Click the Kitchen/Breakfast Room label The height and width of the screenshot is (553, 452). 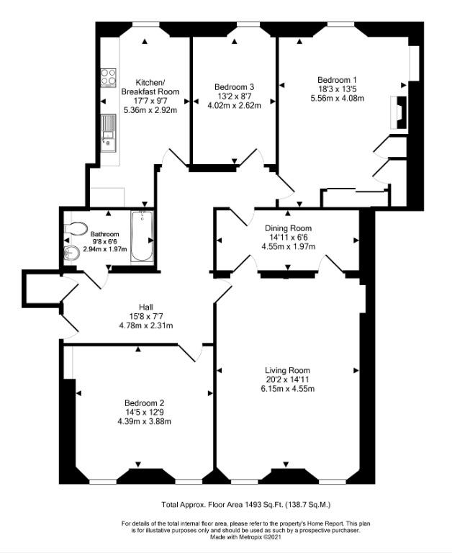[150, 87]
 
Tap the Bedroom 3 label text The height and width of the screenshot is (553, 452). [234, 86]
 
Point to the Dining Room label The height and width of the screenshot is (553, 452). [288, 228]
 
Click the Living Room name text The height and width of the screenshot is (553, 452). [287, 370]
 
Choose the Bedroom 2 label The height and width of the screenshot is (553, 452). [144, 403]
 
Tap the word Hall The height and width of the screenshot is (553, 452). [146, 307]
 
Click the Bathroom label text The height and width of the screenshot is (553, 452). [104, 234]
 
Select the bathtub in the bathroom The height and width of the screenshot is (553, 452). [142, 236]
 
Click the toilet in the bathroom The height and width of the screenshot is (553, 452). [76, 228]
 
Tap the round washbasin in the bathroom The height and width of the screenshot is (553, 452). [71, 253]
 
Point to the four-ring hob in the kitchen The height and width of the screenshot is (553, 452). [108, 78]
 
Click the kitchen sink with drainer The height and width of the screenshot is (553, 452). [108, 132]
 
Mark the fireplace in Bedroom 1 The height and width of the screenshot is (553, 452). [399, 112]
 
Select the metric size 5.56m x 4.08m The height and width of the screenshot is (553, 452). [337, 99]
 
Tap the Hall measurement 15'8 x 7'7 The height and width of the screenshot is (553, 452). [146, 316]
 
